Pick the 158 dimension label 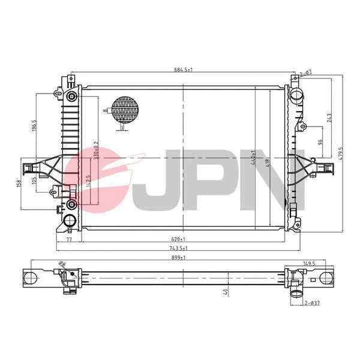pos(19,182)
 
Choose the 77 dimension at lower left pos(68,238)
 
